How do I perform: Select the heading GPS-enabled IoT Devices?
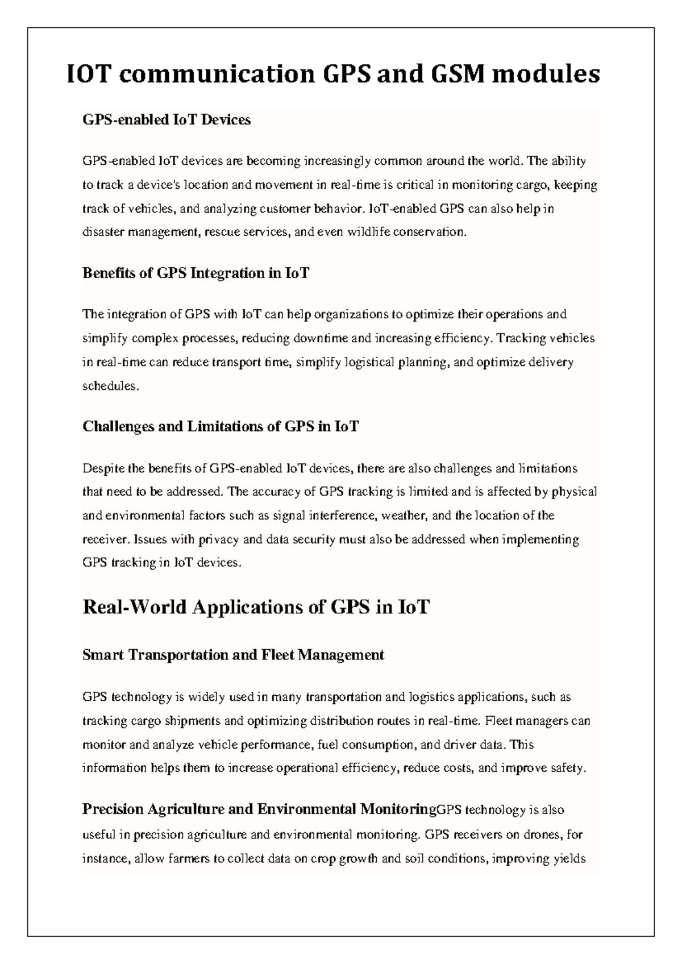pos(167,120)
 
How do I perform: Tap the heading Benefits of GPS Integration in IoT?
pos(196,273)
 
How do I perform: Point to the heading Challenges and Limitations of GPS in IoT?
pos(221,426)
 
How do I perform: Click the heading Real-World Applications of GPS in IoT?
pos(256,607)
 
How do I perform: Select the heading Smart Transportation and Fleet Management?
pos(233,655)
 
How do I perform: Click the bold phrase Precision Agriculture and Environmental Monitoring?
pos(259,809)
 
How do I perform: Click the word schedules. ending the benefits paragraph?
pos(110,386)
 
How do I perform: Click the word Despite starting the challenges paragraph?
pos(103,468)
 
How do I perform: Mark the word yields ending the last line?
pos(569,858)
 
